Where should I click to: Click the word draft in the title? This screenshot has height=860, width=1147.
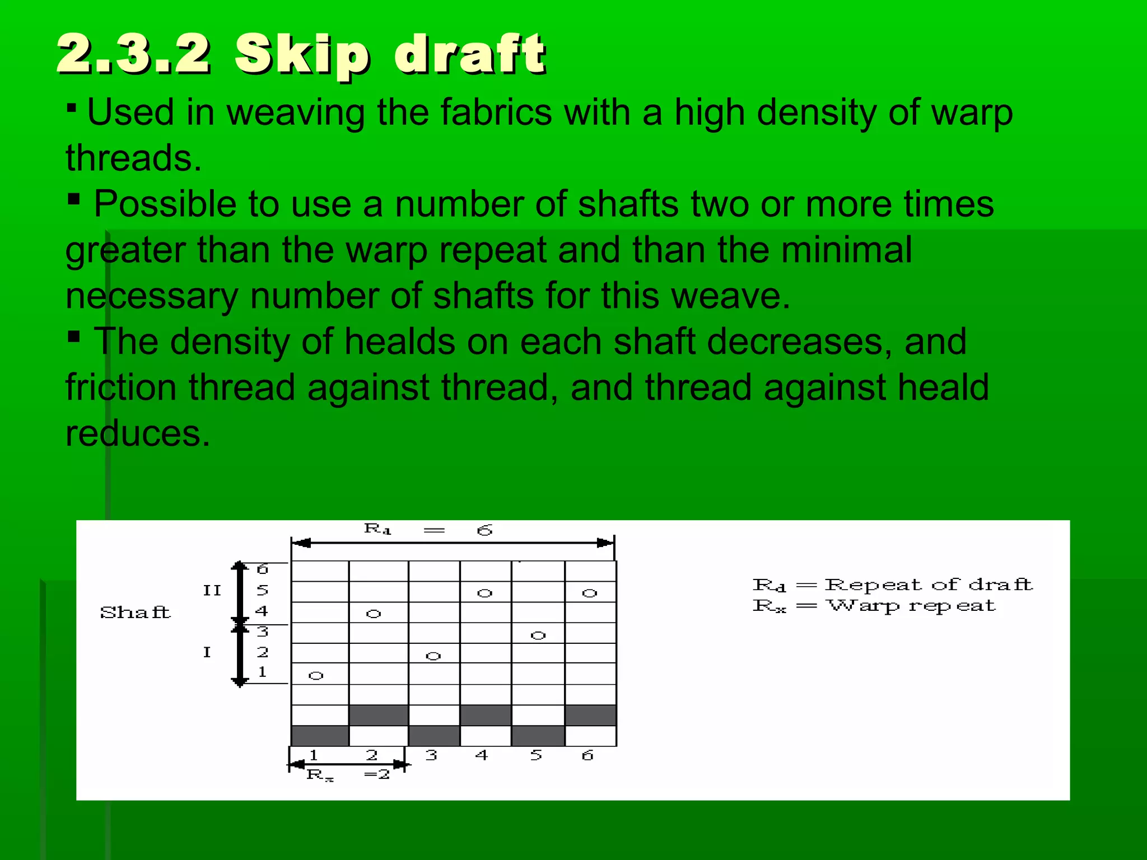pyautogui.click(x=469, y=54)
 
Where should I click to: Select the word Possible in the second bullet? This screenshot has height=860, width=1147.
pyautogui.click(x=165, y=204)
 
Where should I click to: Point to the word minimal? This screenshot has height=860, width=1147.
pyautogui.click(x=846, y=250)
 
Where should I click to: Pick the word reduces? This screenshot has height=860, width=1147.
pyautogui.click(x=138, y=433)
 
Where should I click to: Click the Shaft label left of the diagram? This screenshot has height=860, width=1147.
pyautogui.click(x=135, y=612)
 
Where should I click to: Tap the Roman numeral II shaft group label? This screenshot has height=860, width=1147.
pyautogui.click(x=212, y=591)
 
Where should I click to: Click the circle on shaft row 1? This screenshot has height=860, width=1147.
pyautogui.click(x=316, y=676)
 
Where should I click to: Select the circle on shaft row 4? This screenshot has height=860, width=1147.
pyautogui.click(x=374, y=614)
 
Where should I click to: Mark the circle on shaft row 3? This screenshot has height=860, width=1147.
pyautogui.click(x=538, y=635)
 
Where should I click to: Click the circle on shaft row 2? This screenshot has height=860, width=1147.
pyautogui.click(x=433, y=656)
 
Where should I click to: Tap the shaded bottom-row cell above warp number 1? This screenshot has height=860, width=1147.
pyautogui.click(x=320, y=736)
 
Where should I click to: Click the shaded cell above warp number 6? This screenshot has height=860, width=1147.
pyautogui.click(x=590, y=715)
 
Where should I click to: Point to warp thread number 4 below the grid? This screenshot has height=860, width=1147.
pyautogui.click(x=482, y=755)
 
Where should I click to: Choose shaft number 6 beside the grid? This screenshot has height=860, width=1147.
pyautogui.click(x=262, y=569)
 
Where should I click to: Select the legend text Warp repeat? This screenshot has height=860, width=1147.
pyautogui.click(x=911, y=606)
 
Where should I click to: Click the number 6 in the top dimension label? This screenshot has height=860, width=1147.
pyautogui.click(x=484, y=530)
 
